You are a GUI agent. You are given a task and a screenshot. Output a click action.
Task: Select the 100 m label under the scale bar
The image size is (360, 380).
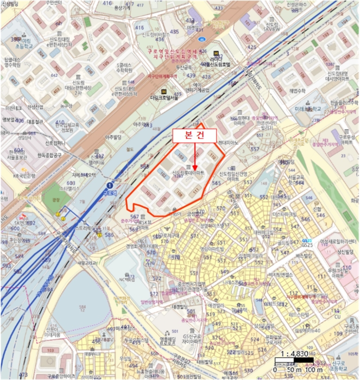click(314, 370)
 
